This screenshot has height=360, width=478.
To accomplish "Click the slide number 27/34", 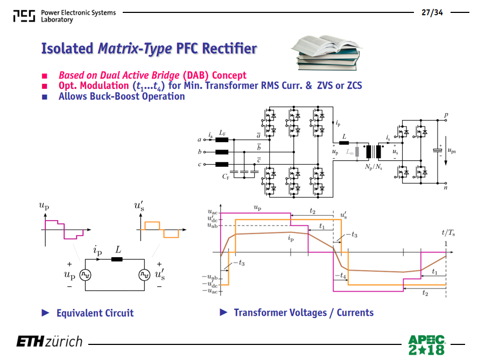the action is click(432, 12).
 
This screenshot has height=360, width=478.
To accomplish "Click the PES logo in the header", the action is click(24, 16).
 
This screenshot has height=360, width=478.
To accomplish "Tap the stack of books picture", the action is click(327, 52).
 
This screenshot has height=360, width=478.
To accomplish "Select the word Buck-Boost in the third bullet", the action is click(114, 96).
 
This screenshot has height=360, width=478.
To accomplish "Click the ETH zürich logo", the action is click(50, 341).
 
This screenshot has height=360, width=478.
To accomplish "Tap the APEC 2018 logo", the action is click(426, 345).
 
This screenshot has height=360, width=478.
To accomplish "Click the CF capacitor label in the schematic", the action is click(226, 177).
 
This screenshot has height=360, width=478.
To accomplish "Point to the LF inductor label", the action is click(222, 133).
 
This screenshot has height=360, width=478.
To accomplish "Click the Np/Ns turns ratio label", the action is click(374, 167).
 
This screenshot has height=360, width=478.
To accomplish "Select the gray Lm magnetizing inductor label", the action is click(349, 152).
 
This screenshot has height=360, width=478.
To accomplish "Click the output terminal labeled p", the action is click(446, 120).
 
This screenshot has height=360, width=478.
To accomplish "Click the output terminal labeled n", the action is click(446, 183).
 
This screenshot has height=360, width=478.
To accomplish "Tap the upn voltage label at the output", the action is click(452, 150).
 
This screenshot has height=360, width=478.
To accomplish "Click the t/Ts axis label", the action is click(448, 233).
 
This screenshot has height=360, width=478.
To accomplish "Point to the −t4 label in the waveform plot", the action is click(341, 276).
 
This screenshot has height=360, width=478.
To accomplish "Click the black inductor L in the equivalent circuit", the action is click(117, 259).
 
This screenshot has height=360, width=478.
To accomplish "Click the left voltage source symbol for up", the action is click(86, 275).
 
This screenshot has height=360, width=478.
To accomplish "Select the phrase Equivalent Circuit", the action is click(95, 313).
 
